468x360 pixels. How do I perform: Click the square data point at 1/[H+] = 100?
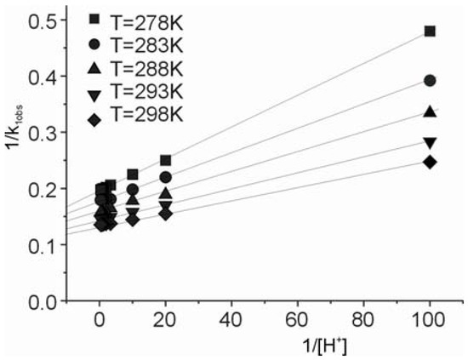pyautogui.click(x=430, y=31)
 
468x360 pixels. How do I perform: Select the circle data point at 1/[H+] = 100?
pyautogui.click(x=430, y=81)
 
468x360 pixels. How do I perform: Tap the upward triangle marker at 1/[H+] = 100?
pyautogui.click(x=430, y=111)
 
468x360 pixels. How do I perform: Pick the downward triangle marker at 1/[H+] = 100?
pyautogui.click(x=430, y=142)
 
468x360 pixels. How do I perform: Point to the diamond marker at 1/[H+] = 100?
pyautogui.click(x=430, y=162)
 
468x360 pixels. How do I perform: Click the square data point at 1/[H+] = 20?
pyautogui.click(x=165, y=160)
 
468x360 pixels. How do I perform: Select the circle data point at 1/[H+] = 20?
pyautogui.click(x=165, y=177)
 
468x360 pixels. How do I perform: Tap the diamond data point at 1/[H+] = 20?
pyautogui.click(x=165, y=214)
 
